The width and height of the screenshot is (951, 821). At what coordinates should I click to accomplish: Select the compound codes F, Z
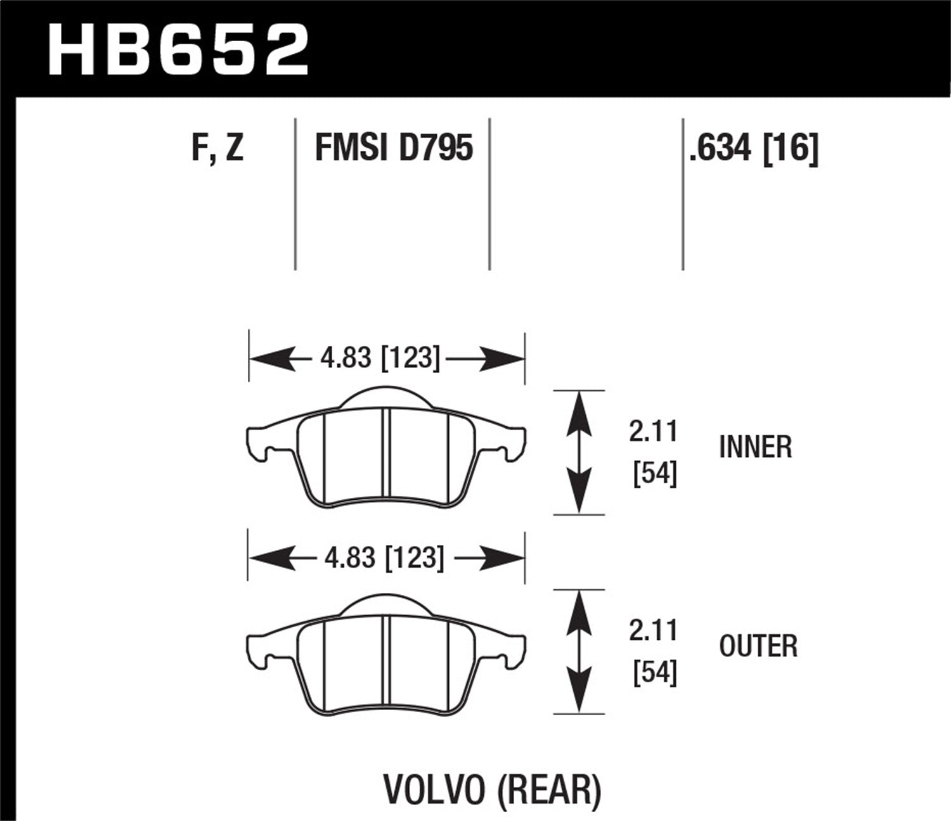coord(217,148)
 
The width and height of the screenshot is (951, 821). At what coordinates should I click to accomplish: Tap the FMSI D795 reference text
coord(394,148)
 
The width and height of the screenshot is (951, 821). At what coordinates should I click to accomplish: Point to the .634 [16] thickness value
coord(754,148)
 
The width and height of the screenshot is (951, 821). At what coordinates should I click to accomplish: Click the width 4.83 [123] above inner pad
coord(380,359)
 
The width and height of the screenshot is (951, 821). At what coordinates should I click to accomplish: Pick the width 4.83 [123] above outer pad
coord(384,558)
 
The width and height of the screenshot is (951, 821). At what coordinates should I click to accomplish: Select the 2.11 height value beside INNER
coord(654,432)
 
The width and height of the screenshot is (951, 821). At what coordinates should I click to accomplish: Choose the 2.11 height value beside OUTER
coord(654,631)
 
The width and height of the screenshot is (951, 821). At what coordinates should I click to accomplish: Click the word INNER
coord(755,447)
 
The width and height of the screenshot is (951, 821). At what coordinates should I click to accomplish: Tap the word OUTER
coord(758,646)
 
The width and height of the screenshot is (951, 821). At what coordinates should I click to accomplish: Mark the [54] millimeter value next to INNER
coord(655,474)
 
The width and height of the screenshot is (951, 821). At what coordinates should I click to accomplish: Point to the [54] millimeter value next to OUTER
coord(655,673)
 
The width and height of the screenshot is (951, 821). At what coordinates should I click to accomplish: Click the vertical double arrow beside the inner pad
coord(578,452)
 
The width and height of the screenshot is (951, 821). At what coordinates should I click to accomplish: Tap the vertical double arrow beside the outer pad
coord(578,651)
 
